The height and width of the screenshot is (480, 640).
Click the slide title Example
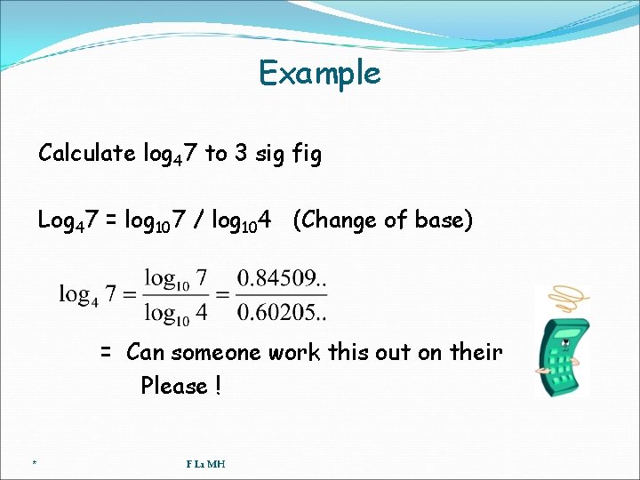[319, 73]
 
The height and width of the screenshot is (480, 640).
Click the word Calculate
[86, 154]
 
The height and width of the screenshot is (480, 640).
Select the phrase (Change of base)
[382, 220]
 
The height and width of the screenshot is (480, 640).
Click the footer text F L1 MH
[205, 463]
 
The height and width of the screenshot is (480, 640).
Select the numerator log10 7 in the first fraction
[177, 279]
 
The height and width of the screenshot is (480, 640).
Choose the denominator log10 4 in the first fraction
[177, 312]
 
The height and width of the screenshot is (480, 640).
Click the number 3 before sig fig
[241, 154]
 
